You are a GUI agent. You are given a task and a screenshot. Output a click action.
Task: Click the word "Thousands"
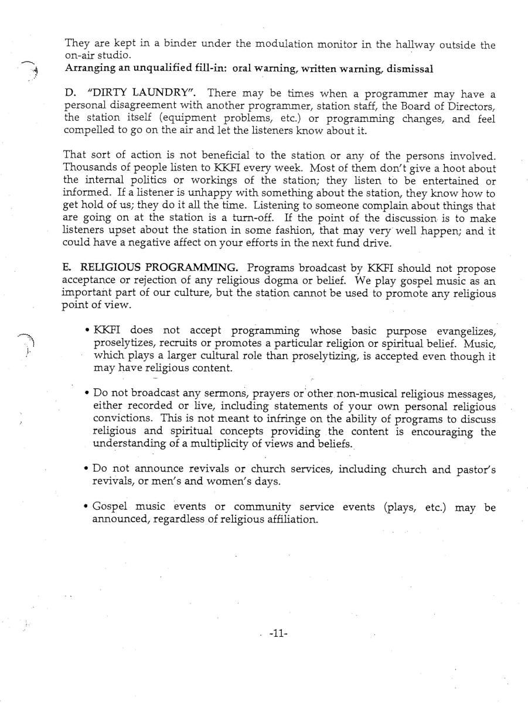coord(88,169)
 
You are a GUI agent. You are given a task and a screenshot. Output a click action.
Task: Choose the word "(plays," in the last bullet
coord(401,507)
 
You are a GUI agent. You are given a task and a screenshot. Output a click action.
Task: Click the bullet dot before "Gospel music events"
coord(86,507)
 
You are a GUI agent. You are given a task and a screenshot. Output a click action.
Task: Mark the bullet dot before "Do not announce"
coord(86,469)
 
